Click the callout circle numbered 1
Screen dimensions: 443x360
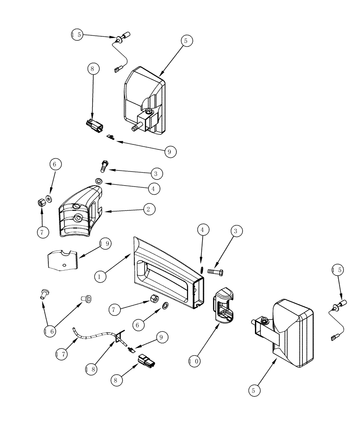coord(101,276)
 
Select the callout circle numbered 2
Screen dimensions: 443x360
coord(149,209)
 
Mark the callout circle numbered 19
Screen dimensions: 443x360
coord(105,243)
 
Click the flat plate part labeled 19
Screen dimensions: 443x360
coord(62,260)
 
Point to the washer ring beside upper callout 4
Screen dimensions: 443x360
coord(98,181)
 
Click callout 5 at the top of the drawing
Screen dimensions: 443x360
coord(185,40)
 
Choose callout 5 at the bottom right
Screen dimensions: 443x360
coord(254,390)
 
